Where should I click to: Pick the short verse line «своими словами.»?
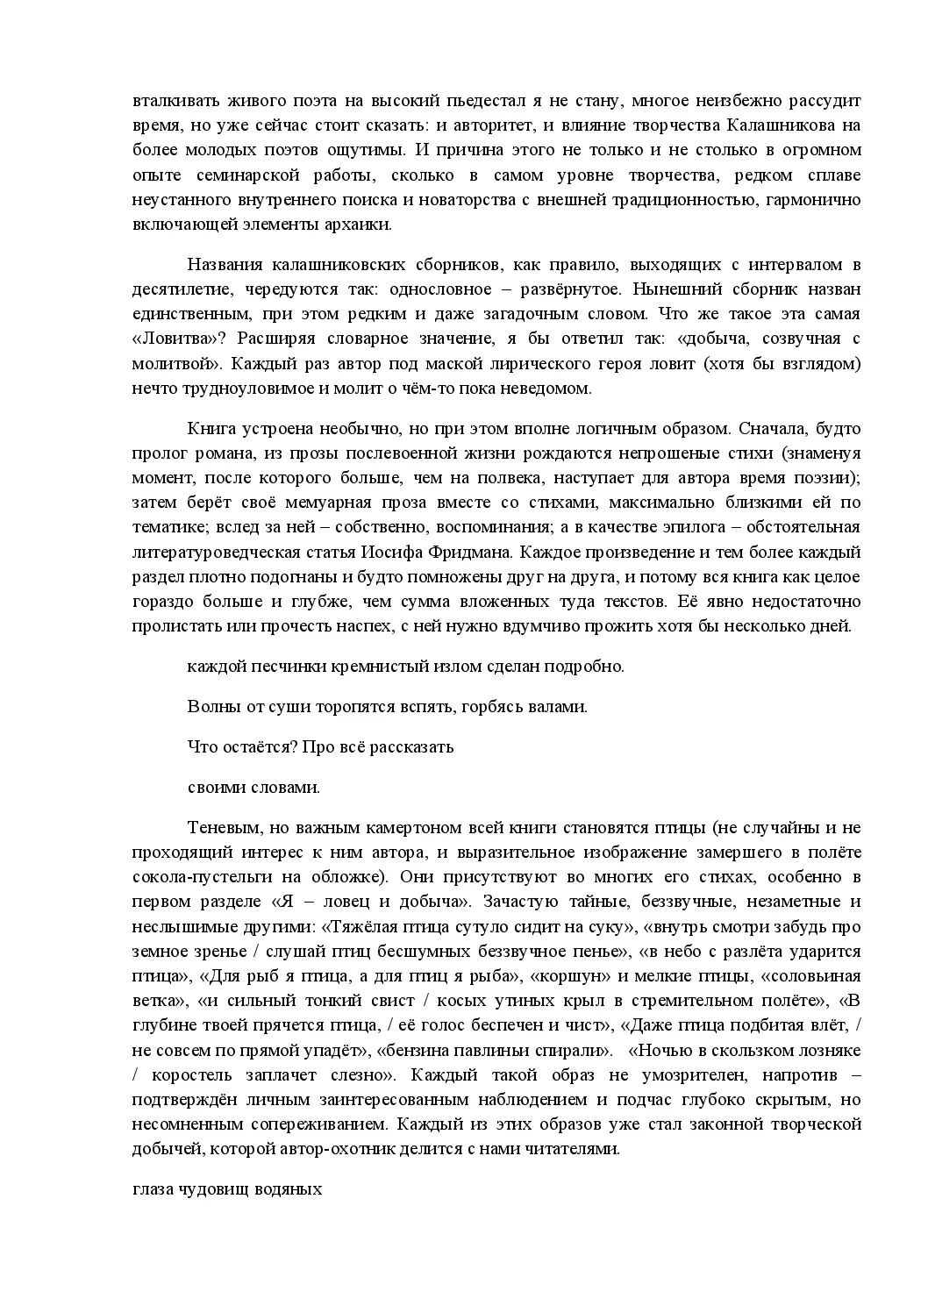pyautogui.click(x=253, y=787)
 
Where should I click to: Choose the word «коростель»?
pyautogui.click(x=185, y=1074)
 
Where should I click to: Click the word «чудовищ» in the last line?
pyautogui.click(x=206, y=1190)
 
